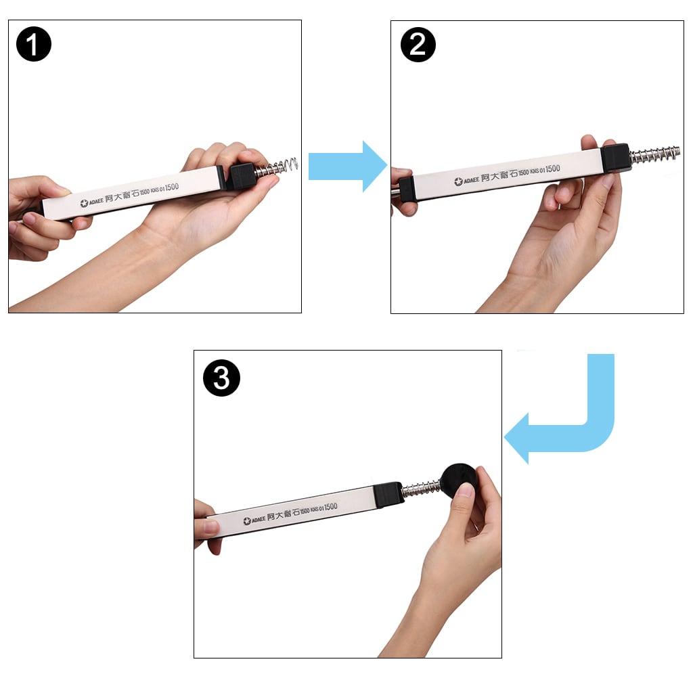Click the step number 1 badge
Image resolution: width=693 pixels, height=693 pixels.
(x=34, y=44)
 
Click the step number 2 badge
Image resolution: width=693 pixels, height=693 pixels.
(x=418, y=44)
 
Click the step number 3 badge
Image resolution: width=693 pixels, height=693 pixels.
(x=221, y=378)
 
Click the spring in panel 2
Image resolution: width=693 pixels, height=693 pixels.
(x=654, y=155)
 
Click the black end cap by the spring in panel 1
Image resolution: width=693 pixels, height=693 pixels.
(x=240, y=176)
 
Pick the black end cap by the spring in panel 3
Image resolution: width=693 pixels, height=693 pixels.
(x=388, y=493)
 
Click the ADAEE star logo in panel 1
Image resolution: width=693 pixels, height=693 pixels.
(x=85, y=202)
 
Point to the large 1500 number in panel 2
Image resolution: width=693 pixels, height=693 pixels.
(x=552, y=169)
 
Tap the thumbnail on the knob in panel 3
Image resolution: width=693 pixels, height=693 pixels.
(x=466, y=489)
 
